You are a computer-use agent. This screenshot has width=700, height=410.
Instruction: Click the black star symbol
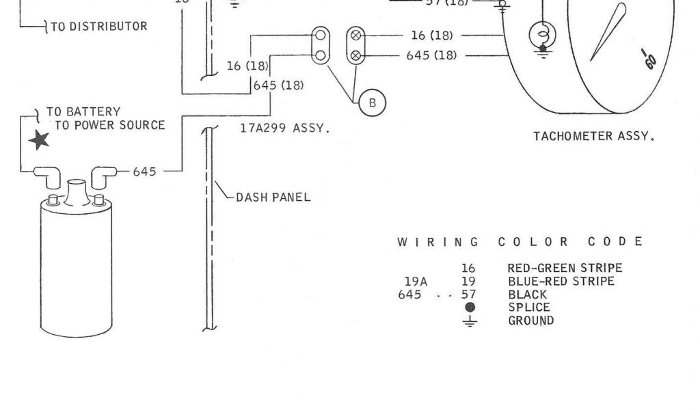tap(39, 140)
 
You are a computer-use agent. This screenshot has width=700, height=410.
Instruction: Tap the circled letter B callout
tap(372, 102)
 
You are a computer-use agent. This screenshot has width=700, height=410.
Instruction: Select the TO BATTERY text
tap(83, 111)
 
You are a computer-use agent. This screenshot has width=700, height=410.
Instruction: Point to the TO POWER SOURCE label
tap(109, 125)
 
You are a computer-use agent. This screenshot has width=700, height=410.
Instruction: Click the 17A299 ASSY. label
tap(284, 128)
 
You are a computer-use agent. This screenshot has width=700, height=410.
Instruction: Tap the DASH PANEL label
tap(273, 197)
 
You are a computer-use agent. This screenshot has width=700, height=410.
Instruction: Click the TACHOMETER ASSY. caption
tap(593, 136)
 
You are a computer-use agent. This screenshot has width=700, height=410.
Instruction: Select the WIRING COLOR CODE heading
tap(520, 242)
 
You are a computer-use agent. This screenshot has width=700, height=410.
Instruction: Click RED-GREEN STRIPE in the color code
tap(565, 269)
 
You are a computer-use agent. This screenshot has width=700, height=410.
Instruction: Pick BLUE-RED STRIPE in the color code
tap(561, 282)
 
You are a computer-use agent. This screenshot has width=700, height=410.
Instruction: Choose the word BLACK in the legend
tap(527, 295)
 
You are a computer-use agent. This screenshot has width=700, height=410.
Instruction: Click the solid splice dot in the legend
tap(470, 307)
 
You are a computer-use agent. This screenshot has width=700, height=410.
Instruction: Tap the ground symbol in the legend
tap(470, 320)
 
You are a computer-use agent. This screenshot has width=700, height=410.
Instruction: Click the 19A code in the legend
tap(416, 282)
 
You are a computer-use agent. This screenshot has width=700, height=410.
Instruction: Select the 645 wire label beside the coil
tap(144, 172)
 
